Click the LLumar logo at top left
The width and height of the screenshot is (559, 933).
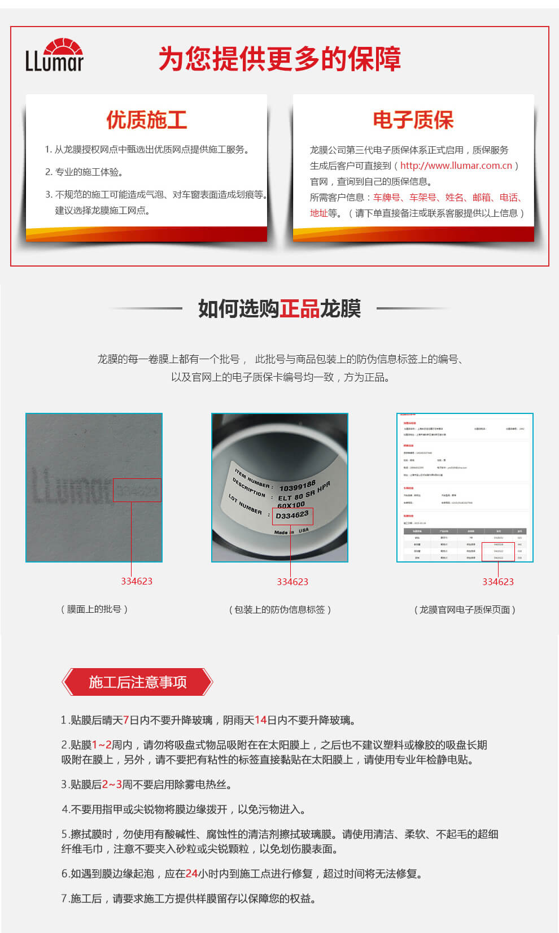coord(54,55)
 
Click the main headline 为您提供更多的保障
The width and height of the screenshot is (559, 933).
coord(279,59)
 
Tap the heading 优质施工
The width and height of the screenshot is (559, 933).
coord(146,120)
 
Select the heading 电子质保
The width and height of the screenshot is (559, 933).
coord(413,120)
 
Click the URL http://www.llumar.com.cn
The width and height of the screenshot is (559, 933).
coord(456,165)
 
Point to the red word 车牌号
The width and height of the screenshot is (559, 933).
coord(387,197)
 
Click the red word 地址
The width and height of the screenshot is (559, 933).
coord(318,213)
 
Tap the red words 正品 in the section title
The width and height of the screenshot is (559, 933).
coord(300,308)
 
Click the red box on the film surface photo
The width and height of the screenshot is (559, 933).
coord(137,490)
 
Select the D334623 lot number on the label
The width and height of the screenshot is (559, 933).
coord(292,516)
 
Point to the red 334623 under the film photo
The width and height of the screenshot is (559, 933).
coord(137,581)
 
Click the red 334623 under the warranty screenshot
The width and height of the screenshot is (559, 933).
coord(498,582)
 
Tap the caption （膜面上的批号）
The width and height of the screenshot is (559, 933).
coord(94,609)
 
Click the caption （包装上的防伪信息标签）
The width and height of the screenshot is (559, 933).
coord(279,609)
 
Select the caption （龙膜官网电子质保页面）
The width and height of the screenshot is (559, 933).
coord(465,609)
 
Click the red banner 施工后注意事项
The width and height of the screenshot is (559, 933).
coord(137,682)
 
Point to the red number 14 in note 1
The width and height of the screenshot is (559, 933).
coord(260,720)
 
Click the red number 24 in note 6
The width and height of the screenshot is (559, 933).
coord(191,874)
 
